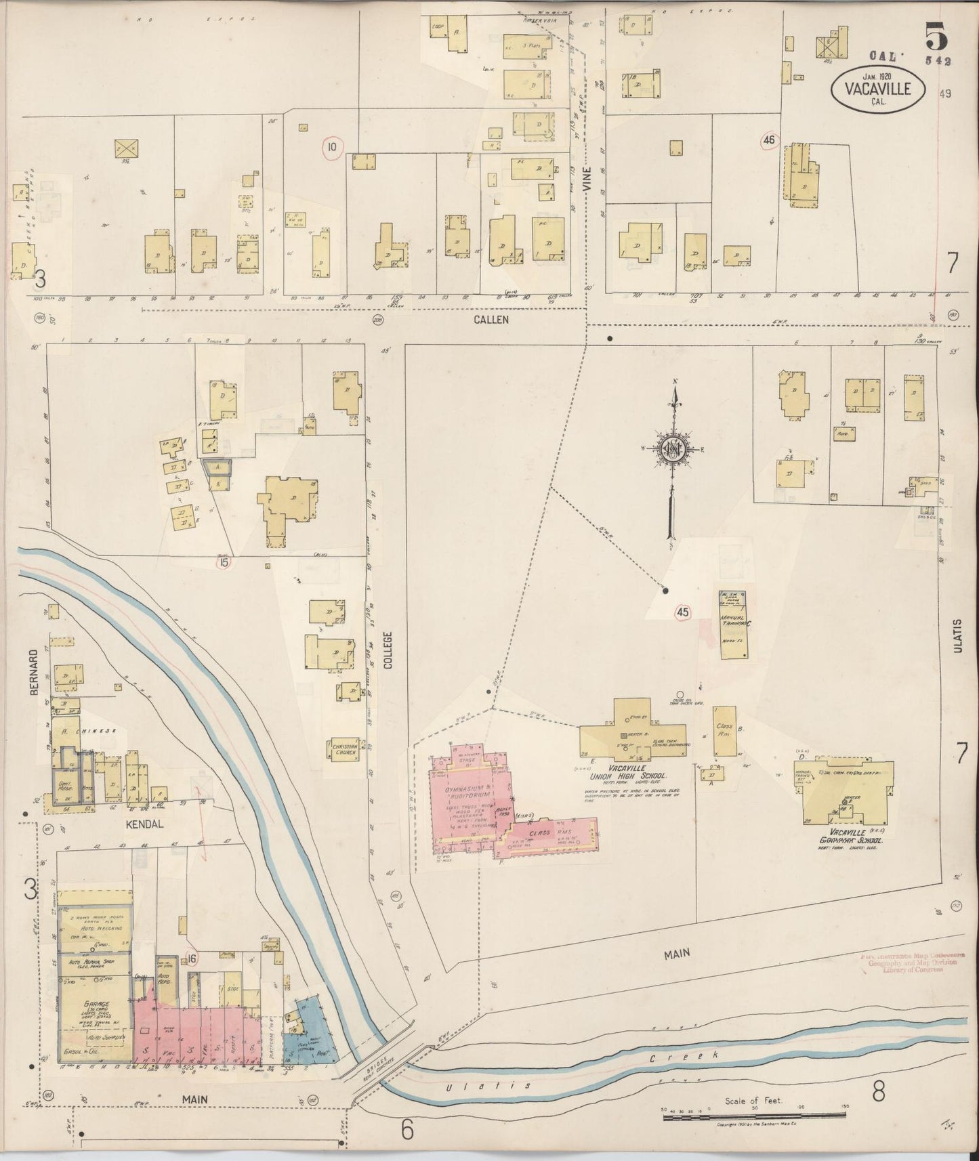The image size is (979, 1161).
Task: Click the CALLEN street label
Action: pos(491,319)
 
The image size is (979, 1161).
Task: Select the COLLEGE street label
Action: pos(388,650)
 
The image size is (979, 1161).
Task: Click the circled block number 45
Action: pos(682,612)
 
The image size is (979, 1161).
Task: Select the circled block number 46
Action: pos(768,140)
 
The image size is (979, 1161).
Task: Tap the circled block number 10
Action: pos(332,146)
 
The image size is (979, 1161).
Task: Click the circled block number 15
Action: pos(223,560)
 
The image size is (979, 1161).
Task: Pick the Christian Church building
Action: pos(345,748)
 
